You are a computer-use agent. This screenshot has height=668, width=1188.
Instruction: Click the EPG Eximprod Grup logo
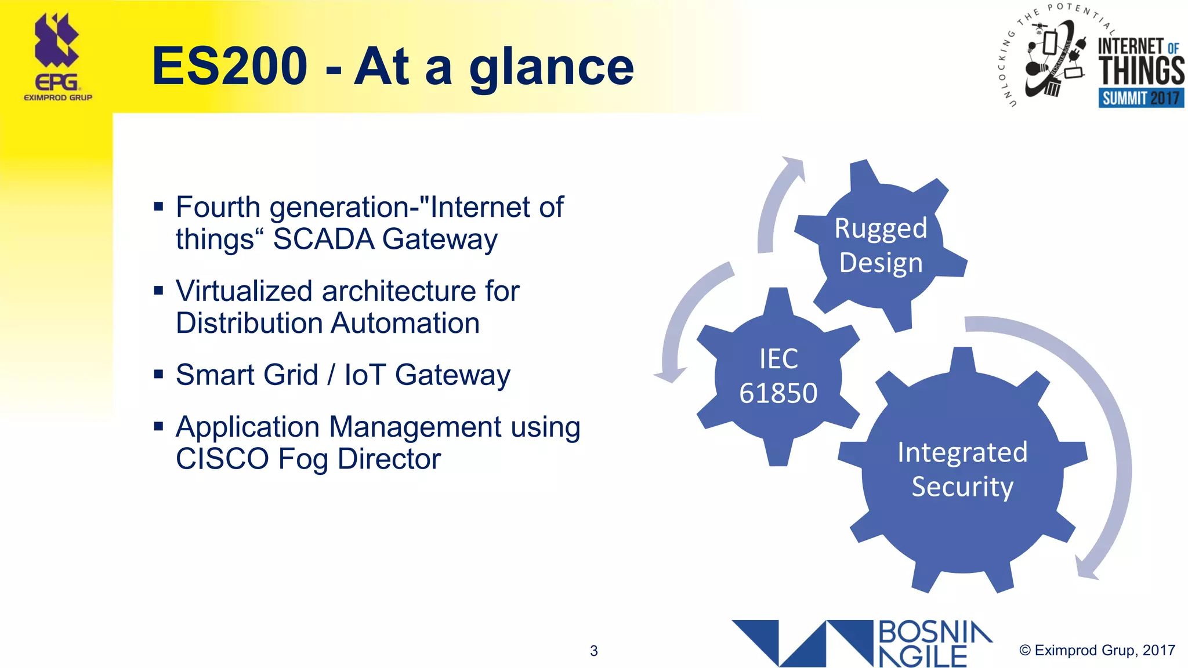[57, 58]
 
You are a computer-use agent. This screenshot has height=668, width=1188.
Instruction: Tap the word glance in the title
[552, 68]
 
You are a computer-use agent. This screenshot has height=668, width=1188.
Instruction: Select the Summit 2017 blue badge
[1140, 98]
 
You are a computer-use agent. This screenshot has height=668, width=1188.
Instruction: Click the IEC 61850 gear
[778, 376]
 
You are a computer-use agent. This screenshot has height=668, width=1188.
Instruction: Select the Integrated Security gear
[962, 470]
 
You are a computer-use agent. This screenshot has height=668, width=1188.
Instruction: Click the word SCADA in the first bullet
[324, 239]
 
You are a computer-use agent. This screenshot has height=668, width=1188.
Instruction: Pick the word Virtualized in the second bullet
[244, 291]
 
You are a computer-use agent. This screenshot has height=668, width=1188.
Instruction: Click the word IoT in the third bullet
[365, 375]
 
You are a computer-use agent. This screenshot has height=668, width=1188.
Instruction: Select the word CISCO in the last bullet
[222, 459]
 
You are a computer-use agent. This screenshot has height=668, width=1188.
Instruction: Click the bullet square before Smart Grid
[158, 374]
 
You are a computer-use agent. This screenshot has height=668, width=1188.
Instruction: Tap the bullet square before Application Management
[158, 427]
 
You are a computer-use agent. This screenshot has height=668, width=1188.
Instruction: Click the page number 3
[593, 651]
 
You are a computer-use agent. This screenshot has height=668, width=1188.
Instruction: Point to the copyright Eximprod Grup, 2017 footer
[1097, 651]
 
